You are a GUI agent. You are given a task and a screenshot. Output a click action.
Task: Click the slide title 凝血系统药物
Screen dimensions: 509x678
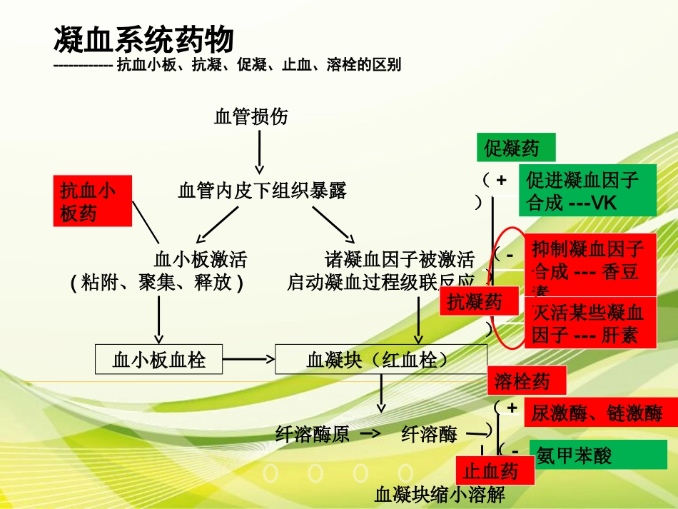[x=143, y=40]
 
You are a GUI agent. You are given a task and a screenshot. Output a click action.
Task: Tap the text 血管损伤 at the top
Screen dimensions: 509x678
[x=251, y=116]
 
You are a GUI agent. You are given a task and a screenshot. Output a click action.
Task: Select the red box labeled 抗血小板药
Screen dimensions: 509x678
[x=92, y=201]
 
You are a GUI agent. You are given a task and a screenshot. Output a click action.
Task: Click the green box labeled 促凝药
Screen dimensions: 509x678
[x=515, y=148]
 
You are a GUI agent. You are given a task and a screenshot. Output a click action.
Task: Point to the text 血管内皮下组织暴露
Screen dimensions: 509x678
[x=262, y=191]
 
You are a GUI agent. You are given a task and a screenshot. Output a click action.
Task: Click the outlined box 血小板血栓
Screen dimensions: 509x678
[x=159, y=360]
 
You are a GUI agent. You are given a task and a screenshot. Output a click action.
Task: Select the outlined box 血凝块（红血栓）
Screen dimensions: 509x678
[x=381, y=360]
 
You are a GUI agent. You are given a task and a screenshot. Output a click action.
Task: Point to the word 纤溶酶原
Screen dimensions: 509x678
[x=313, y=433]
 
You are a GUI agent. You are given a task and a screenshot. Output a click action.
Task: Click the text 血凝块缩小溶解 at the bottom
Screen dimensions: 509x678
[x=440, y=495]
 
